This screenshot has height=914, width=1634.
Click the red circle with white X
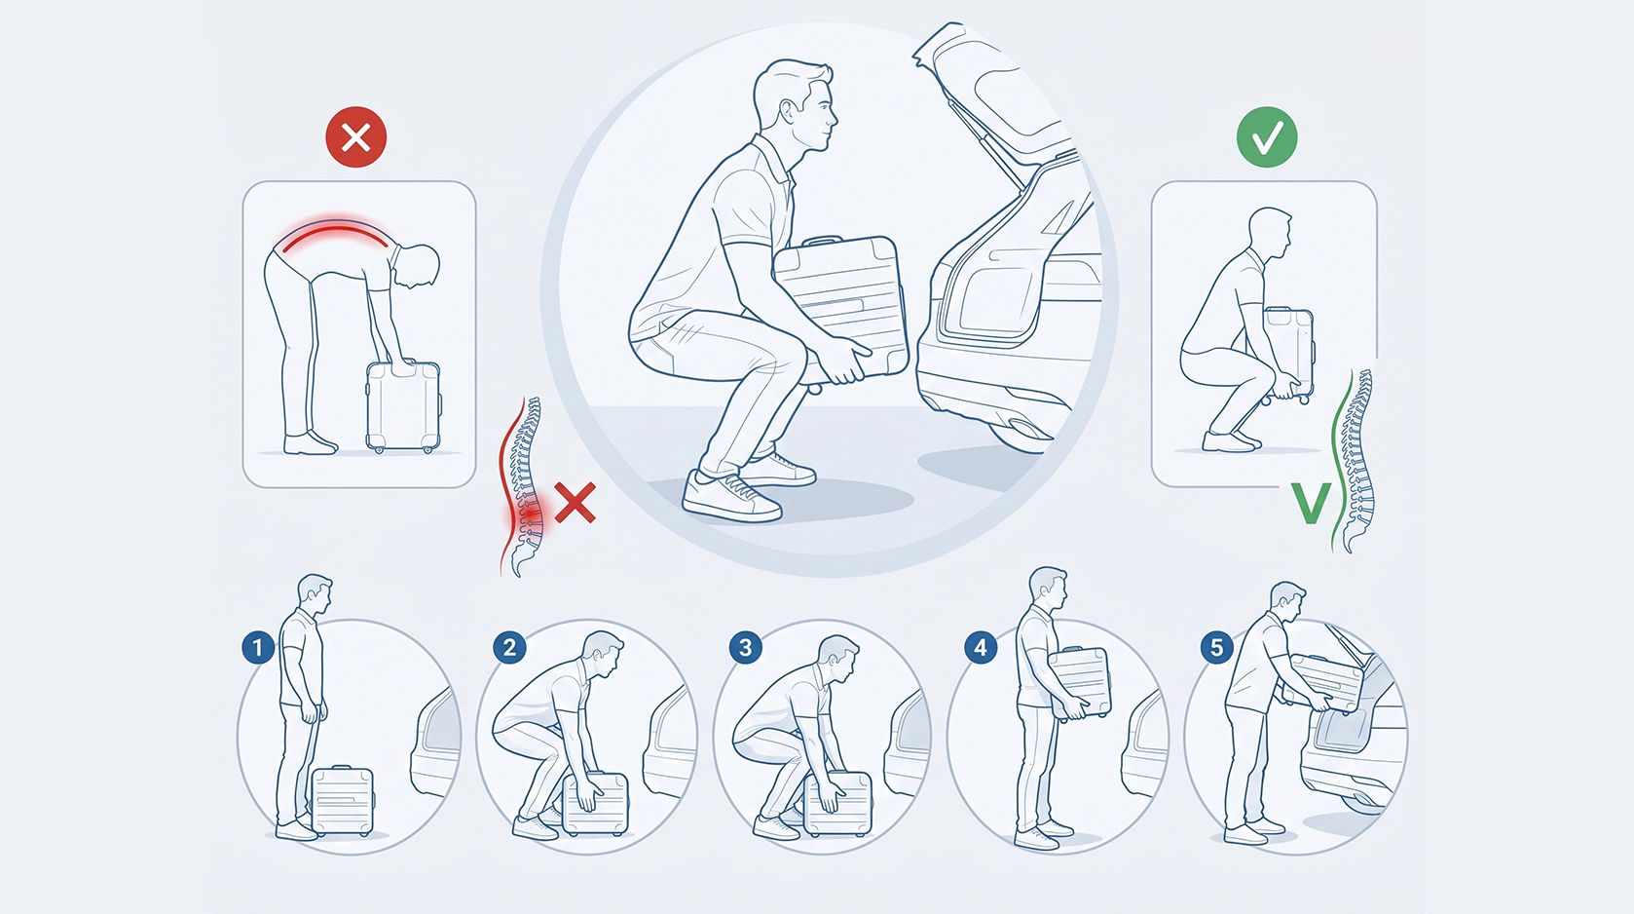click(x=356, y=137)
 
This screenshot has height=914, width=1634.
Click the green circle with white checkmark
click(x=1267, y=137)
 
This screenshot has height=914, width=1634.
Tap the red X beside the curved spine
click(x=575, y=502)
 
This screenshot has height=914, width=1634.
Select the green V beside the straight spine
click(x=1311, y=503)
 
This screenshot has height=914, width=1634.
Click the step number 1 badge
click(x=257, y=648)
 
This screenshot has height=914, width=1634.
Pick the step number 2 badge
click(x=509, y=648)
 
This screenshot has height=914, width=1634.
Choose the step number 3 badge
click(x=745, y=648)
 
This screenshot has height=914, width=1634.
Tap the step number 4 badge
click(x=981, y=648)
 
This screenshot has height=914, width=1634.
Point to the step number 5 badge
click(x=1216, y=648)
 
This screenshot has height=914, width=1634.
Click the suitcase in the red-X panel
click(x=403, y=406)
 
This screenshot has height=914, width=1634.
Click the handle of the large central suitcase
click(x=822, y=241)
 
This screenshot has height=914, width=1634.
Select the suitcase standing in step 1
click(x=343, y=800)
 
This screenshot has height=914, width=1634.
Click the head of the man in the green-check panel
click(x=1270, y=232)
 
